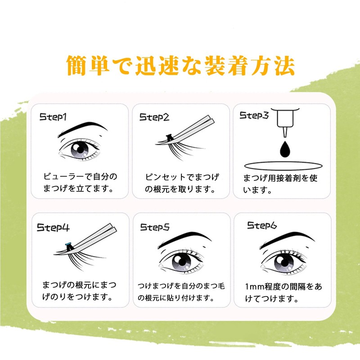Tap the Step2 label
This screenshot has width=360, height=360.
[154, 117]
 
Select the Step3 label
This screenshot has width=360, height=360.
[254, 116]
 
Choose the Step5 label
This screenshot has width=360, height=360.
[154, 228]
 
